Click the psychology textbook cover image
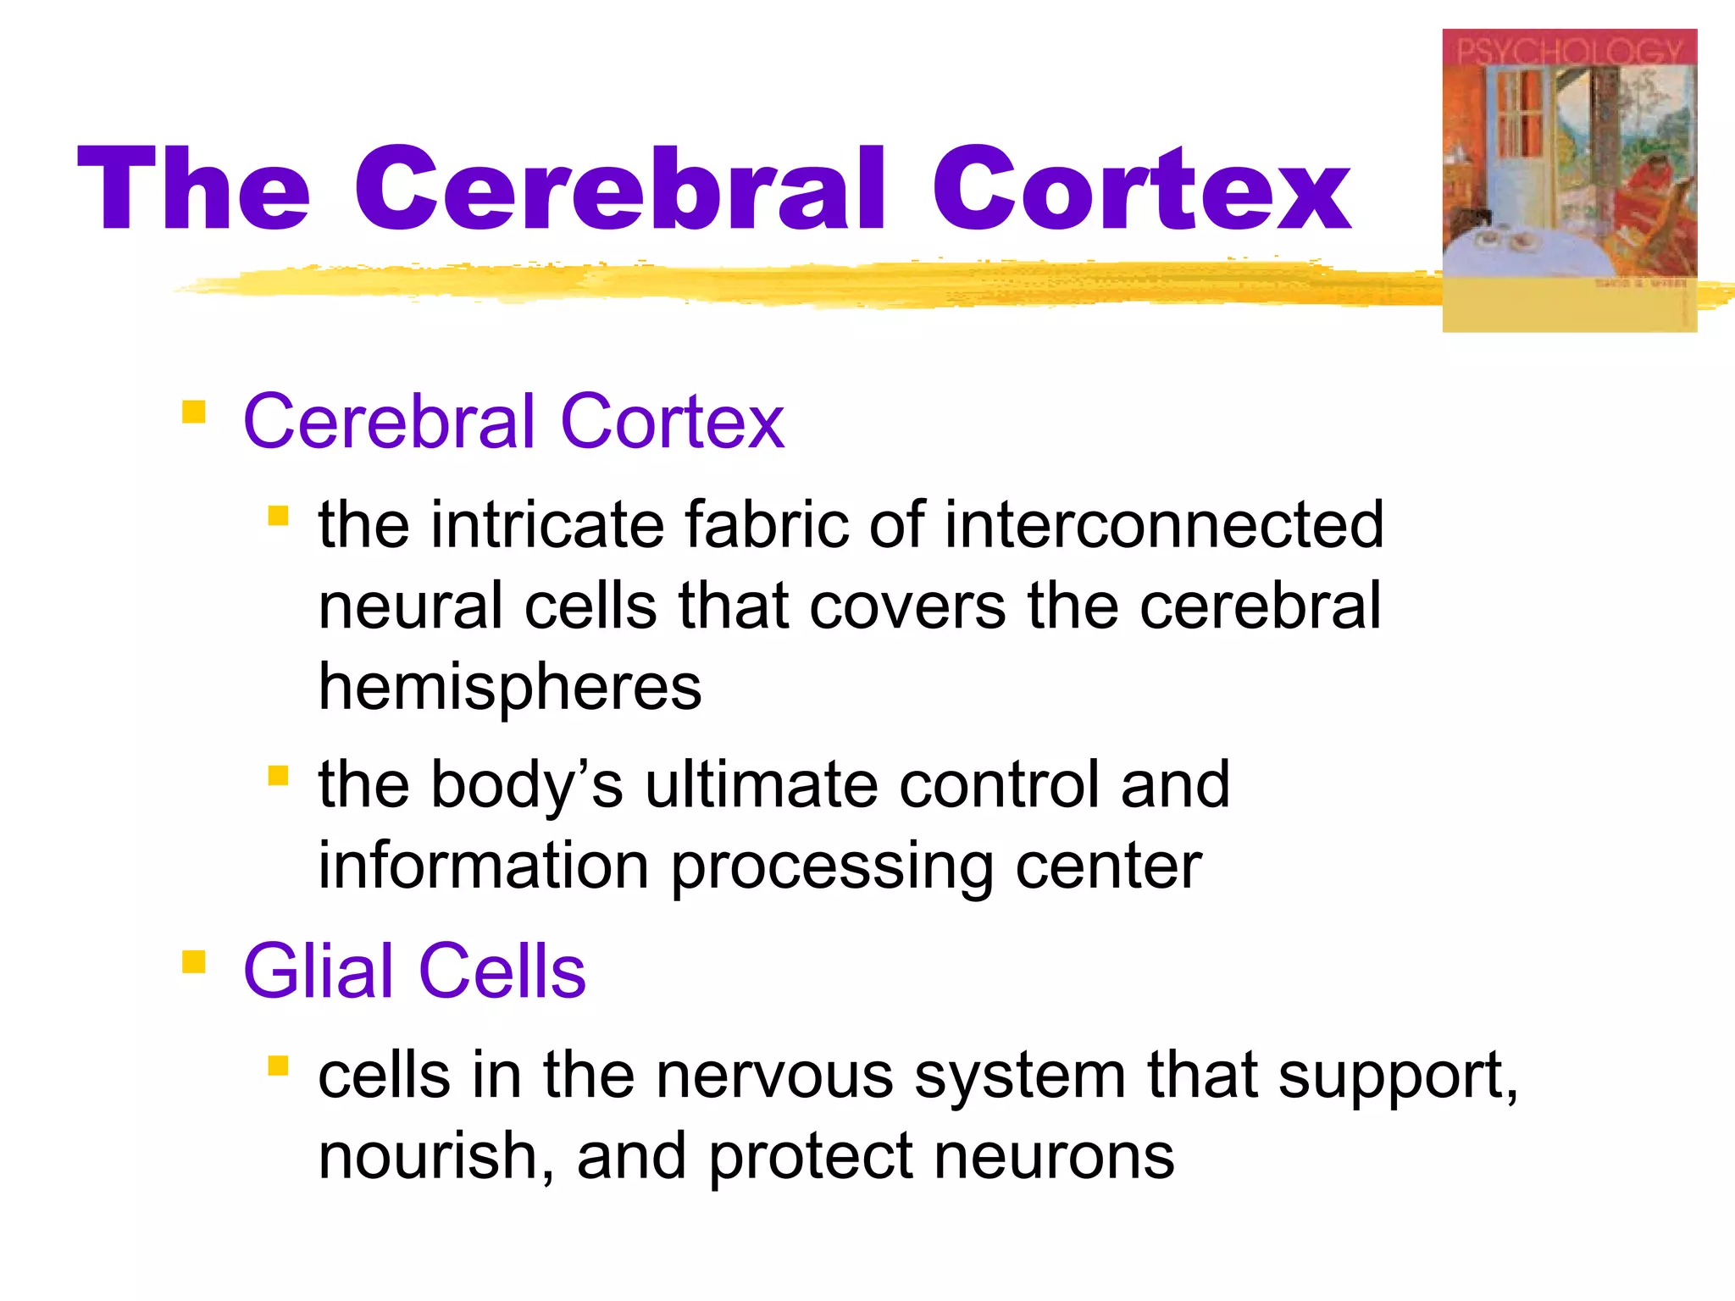click(1569, 180)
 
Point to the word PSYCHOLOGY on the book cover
click(1569, 51)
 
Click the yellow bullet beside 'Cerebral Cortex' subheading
click(194, 412)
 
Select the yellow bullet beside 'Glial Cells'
click(194, 962)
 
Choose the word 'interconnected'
click(1164, 525)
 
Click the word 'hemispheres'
click(510, 686)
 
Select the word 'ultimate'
click(761, 784)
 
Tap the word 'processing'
click(832, 867)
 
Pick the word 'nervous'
click(774, 1076)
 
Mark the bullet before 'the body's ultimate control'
click(278, 775)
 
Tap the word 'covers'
click(908, 606)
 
